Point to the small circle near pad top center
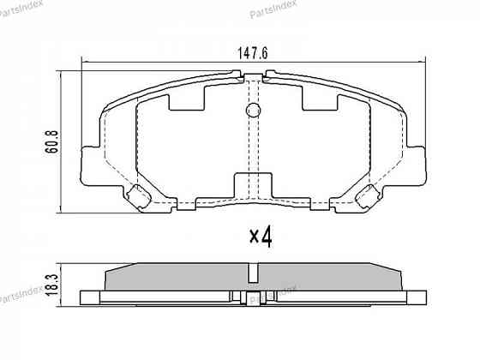253,111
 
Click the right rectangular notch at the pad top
320,100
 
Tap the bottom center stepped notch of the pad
253,186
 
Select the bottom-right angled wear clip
369,196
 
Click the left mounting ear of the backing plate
88,164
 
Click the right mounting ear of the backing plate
417,164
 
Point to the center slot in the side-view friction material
252,273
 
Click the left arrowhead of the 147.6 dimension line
83,61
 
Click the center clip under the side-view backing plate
252,299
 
